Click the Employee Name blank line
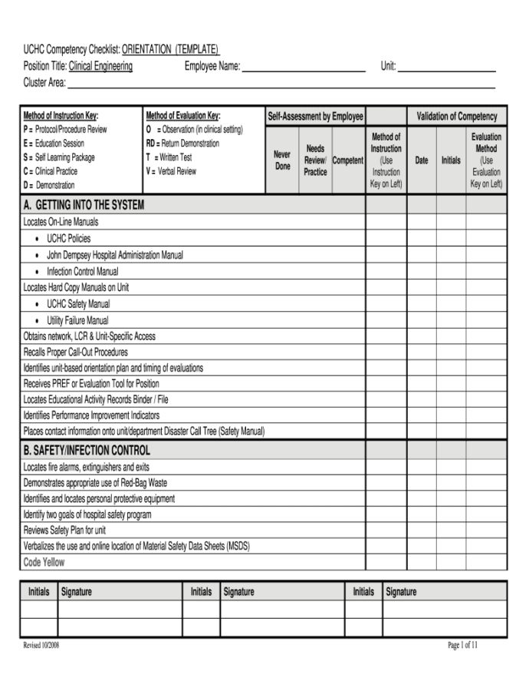point(304,68)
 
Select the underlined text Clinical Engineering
point(100,67)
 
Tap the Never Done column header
point(282,160)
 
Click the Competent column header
point(347,160)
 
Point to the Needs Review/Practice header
point(315,160)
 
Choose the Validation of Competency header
point(456,117)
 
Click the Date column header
point(422,160)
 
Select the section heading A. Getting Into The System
point(84,205)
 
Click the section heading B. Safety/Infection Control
point(87,450)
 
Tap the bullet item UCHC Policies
point(68,239)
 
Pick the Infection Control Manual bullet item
point(82,272)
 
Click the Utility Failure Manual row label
point(77,321)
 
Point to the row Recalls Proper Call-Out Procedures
point(75,352)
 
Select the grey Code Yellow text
point(44,562)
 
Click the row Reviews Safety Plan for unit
point(64,531)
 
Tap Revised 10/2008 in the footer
point(41,646)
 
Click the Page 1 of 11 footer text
point(463,646)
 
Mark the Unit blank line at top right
point(446,68)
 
